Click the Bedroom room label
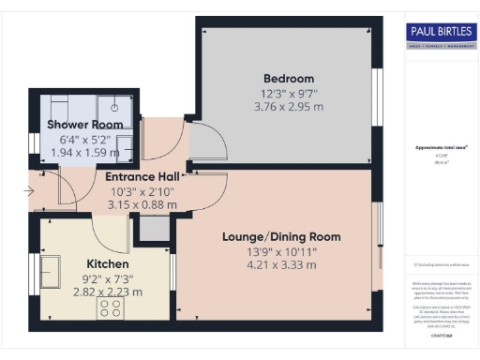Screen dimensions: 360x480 [x=289, y=78]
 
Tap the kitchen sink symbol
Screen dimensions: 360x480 [x=49, y=273]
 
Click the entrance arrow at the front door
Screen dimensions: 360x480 [x=32, y=192]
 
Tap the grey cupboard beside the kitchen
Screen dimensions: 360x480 [x=149, y=226]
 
